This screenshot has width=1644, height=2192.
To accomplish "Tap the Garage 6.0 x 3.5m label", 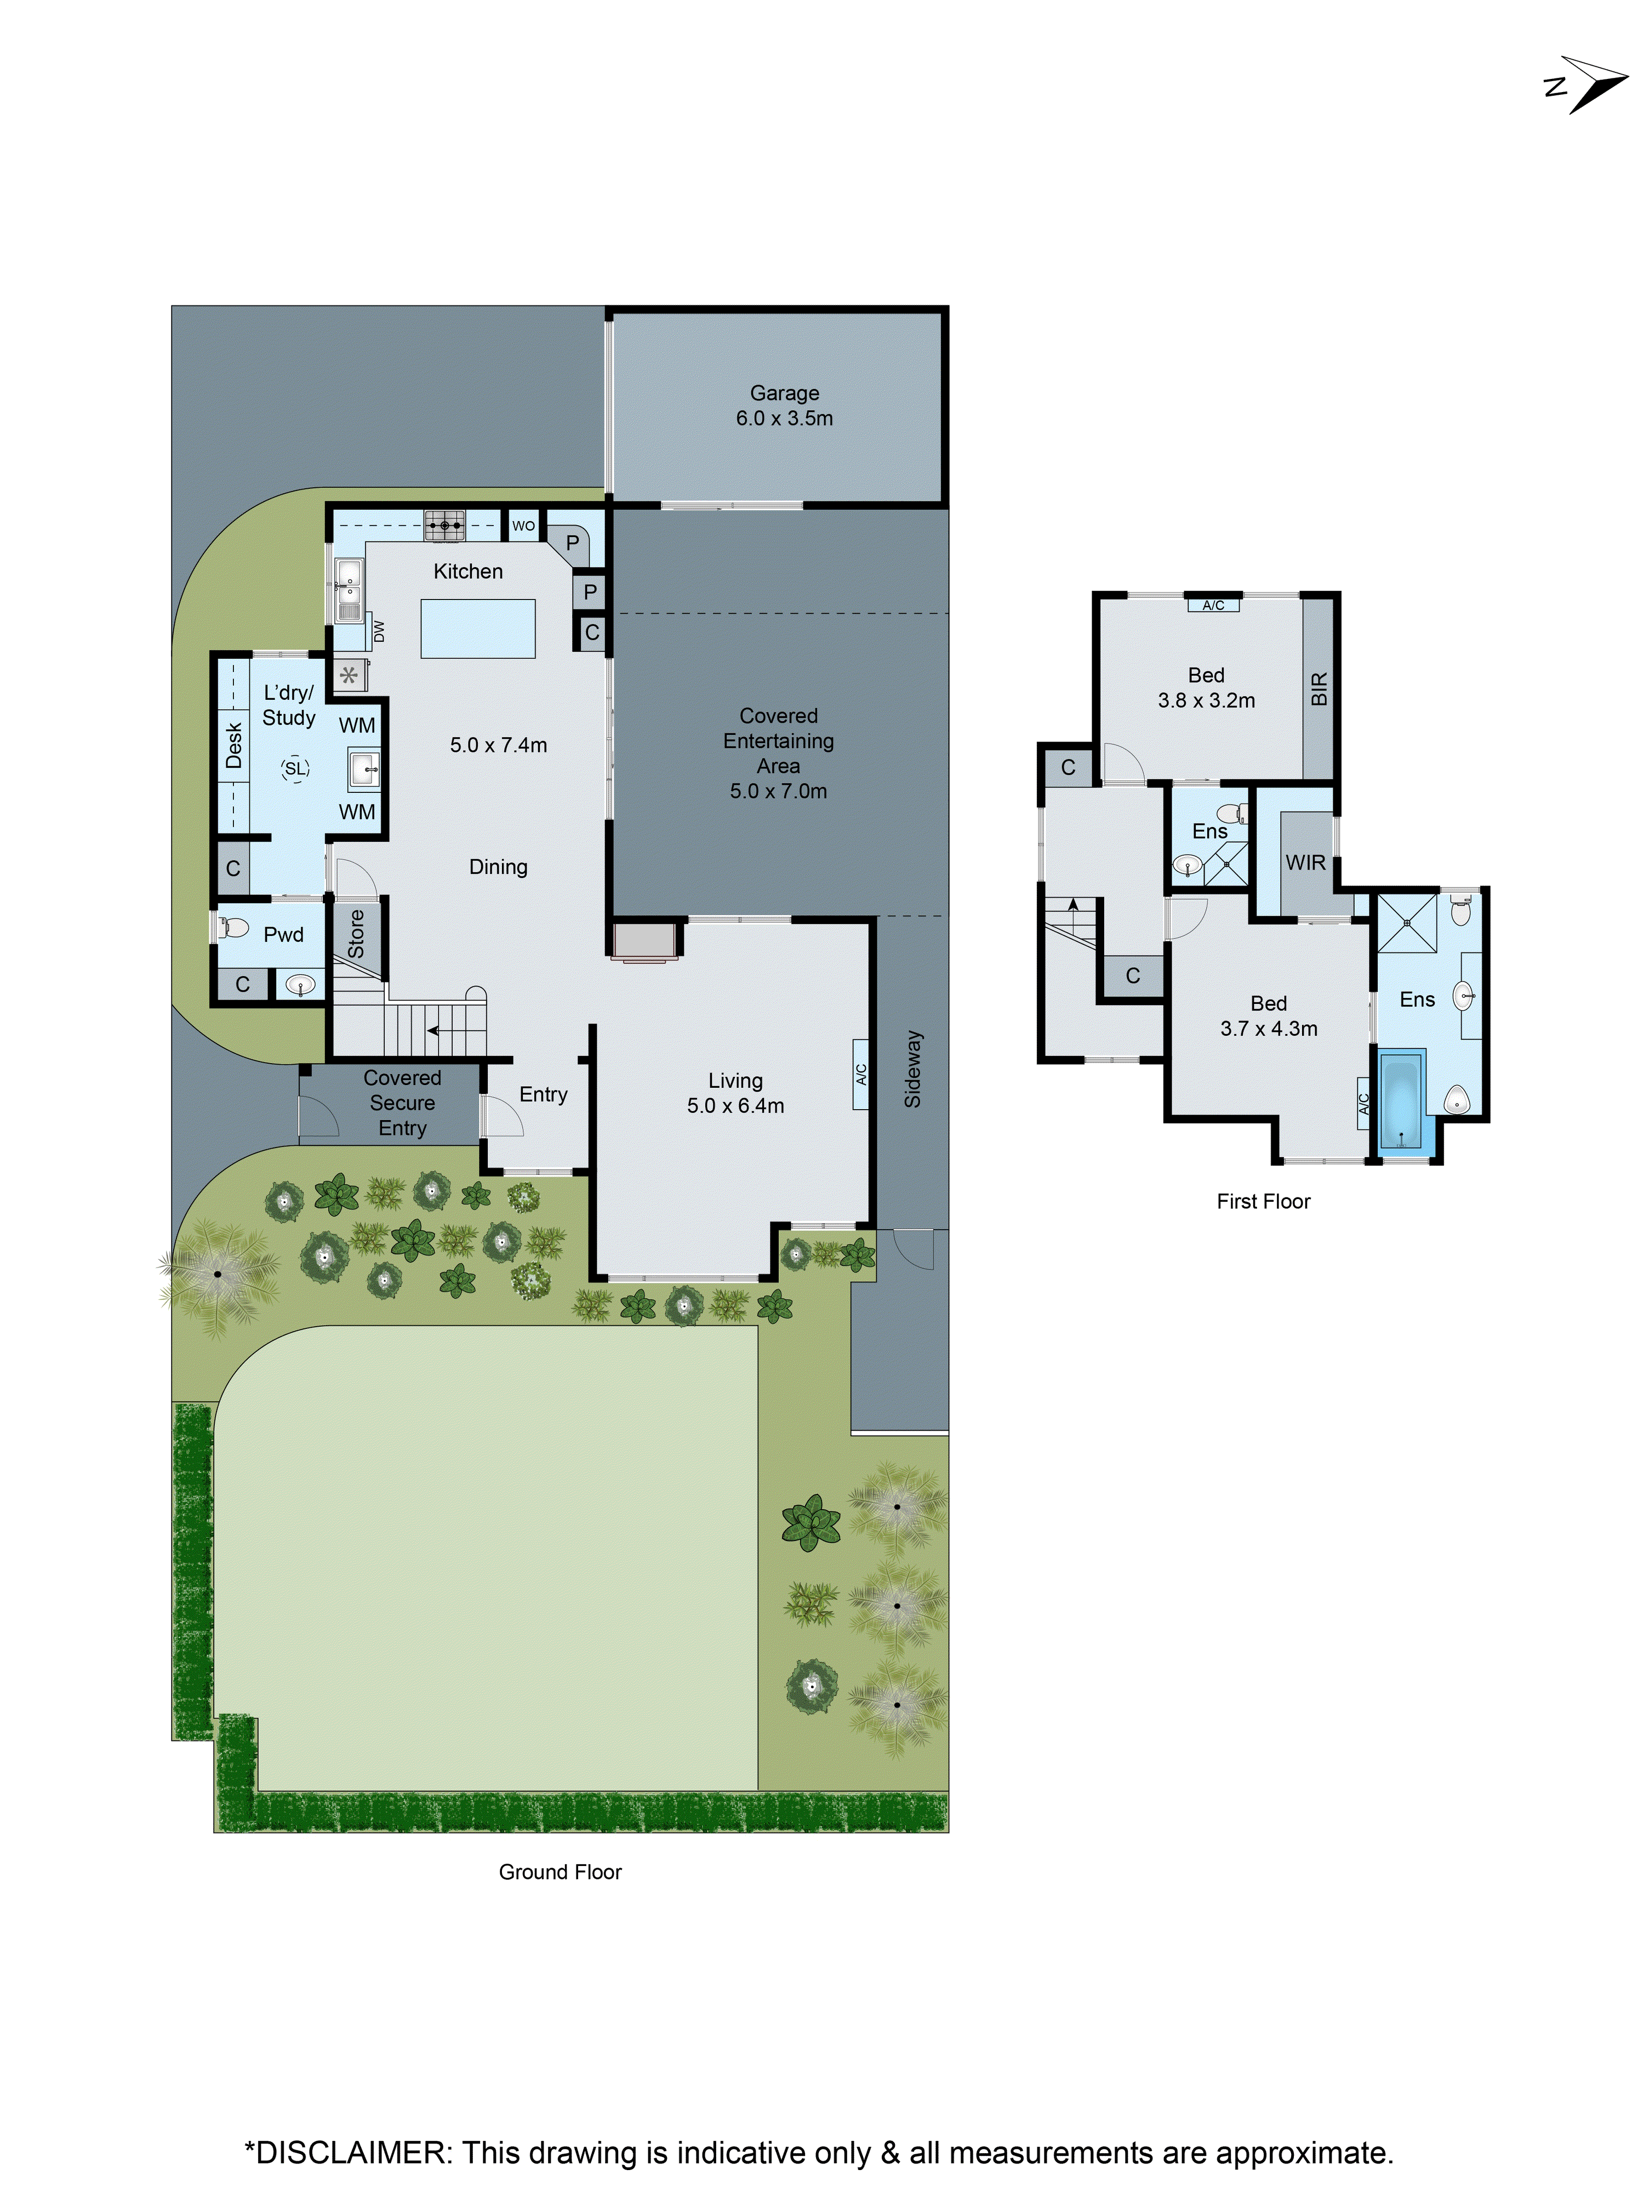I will click(784, 406).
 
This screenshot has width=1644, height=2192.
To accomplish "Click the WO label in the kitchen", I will click(523, 525).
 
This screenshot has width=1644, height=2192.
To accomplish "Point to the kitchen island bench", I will click(478, 628).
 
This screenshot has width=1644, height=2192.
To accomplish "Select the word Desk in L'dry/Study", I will click(234, 745).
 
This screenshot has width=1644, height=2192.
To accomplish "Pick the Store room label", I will click(356, 933).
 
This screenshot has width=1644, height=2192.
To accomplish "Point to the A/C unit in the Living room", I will click(860, 1073).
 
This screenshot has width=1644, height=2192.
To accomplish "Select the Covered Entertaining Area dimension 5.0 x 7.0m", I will click(778, 791).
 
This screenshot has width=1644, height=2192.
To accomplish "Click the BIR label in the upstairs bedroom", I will click(1318, 689).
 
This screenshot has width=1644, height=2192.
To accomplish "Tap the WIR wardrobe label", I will click(1305, 862).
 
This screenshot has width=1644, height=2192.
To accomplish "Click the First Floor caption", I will click(1263, 1201).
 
